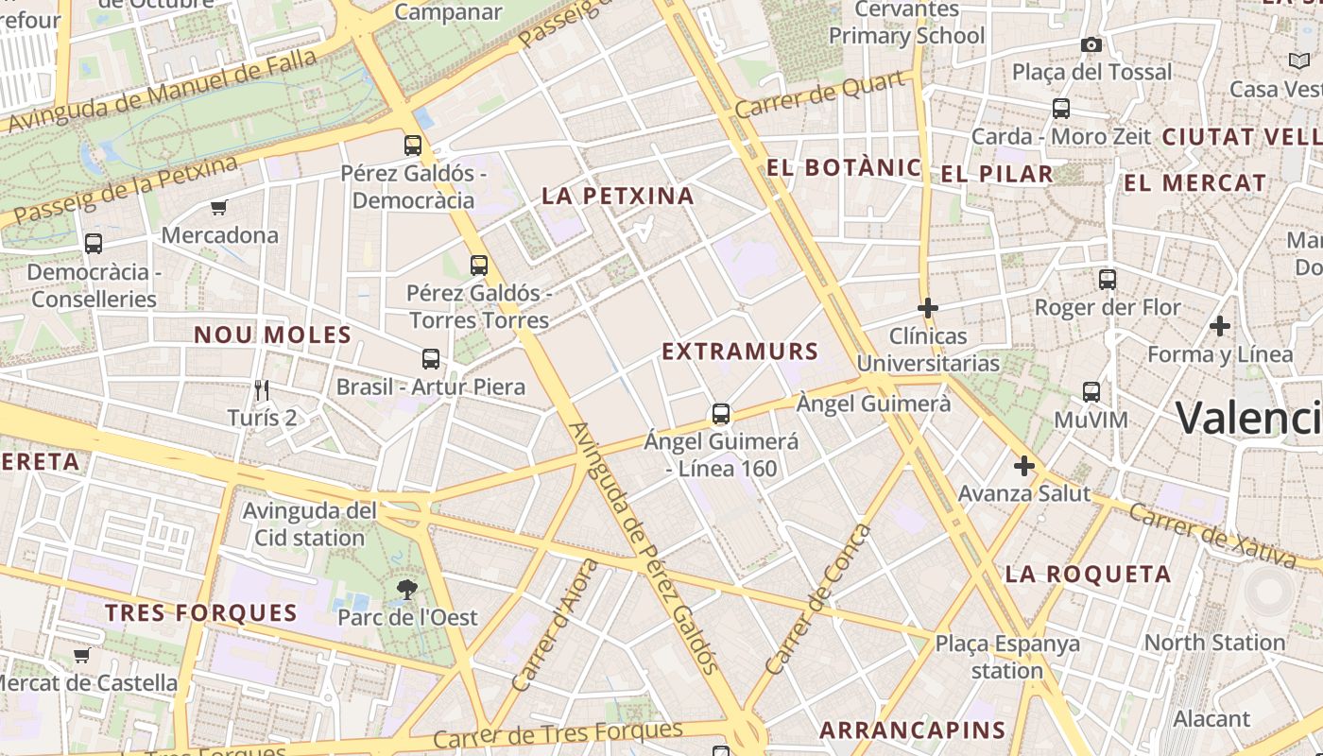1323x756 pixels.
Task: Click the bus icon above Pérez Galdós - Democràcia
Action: [413, 145]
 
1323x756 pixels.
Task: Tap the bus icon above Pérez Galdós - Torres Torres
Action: [479, 266]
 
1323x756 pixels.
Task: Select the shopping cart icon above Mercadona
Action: [219, 207]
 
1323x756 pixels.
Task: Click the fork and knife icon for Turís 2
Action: [262, 388]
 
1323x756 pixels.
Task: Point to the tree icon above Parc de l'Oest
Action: [407, 590]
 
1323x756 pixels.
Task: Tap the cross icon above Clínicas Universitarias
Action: [928, 307]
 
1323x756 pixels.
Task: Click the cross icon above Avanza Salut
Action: [1023, 466]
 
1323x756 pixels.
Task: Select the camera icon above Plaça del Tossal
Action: [1091, 44]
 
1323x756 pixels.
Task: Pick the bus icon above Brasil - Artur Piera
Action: [431, 358]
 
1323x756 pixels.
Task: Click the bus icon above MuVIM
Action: [1091, 391]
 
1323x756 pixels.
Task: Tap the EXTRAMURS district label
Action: [740, 352]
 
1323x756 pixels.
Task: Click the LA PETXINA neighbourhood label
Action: [618, 196]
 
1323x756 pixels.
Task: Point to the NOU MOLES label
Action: [272, 335]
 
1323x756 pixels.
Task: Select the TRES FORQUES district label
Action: [201, 612]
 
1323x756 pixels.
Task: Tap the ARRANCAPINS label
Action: [912, 730]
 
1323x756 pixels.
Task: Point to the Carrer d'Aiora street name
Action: [556, 625]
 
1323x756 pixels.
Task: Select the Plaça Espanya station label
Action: [1007, 657]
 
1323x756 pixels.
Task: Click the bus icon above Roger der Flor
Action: [1108, 280]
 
